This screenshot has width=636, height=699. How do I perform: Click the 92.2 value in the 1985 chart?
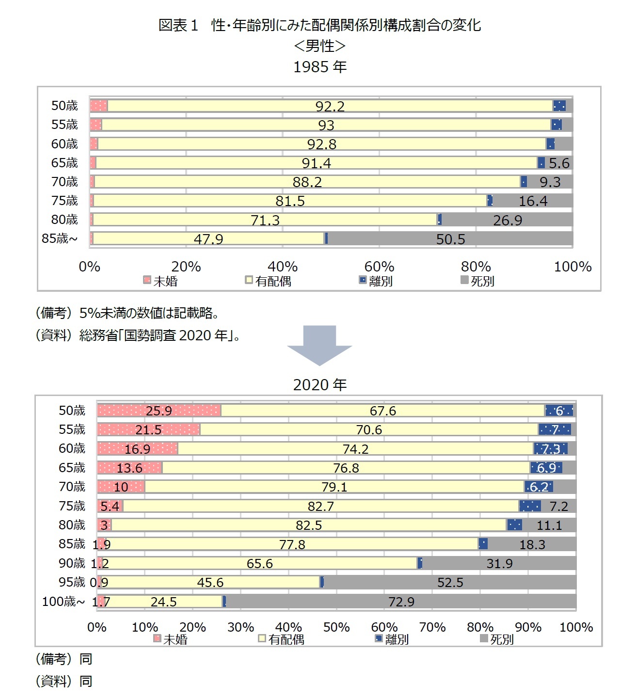(330, 106)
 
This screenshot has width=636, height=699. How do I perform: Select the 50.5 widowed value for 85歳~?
(450, 239)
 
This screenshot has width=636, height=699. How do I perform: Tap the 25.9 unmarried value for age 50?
(159, 411)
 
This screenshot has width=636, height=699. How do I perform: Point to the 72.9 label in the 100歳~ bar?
(401, 602)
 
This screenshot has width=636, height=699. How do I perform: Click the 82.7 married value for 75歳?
(321, 507)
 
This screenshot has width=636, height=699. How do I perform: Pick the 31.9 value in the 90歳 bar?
(499, 564)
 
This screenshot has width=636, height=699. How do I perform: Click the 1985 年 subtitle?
(320, 67)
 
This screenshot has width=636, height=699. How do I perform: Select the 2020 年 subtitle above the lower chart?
(320, 385)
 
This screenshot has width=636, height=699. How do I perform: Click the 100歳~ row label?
(63, 602)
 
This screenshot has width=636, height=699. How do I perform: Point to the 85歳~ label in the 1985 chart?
(60, 238)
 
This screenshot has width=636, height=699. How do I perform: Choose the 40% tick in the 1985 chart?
(283, 267)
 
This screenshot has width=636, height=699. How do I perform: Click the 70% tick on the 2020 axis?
(432, 627)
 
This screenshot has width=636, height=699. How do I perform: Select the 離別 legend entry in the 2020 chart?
(392, 639)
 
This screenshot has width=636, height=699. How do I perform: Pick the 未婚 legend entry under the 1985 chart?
(161, 281)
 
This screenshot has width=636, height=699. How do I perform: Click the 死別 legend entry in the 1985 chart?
(478, 281)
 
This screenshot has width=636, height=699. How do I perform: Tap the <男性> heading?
(320, 46)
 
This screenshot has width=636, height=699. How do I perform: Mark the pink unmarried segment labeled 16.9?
(138, 449)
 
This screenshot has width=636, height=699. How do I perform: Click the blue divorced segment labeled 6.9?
(546, 468)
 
